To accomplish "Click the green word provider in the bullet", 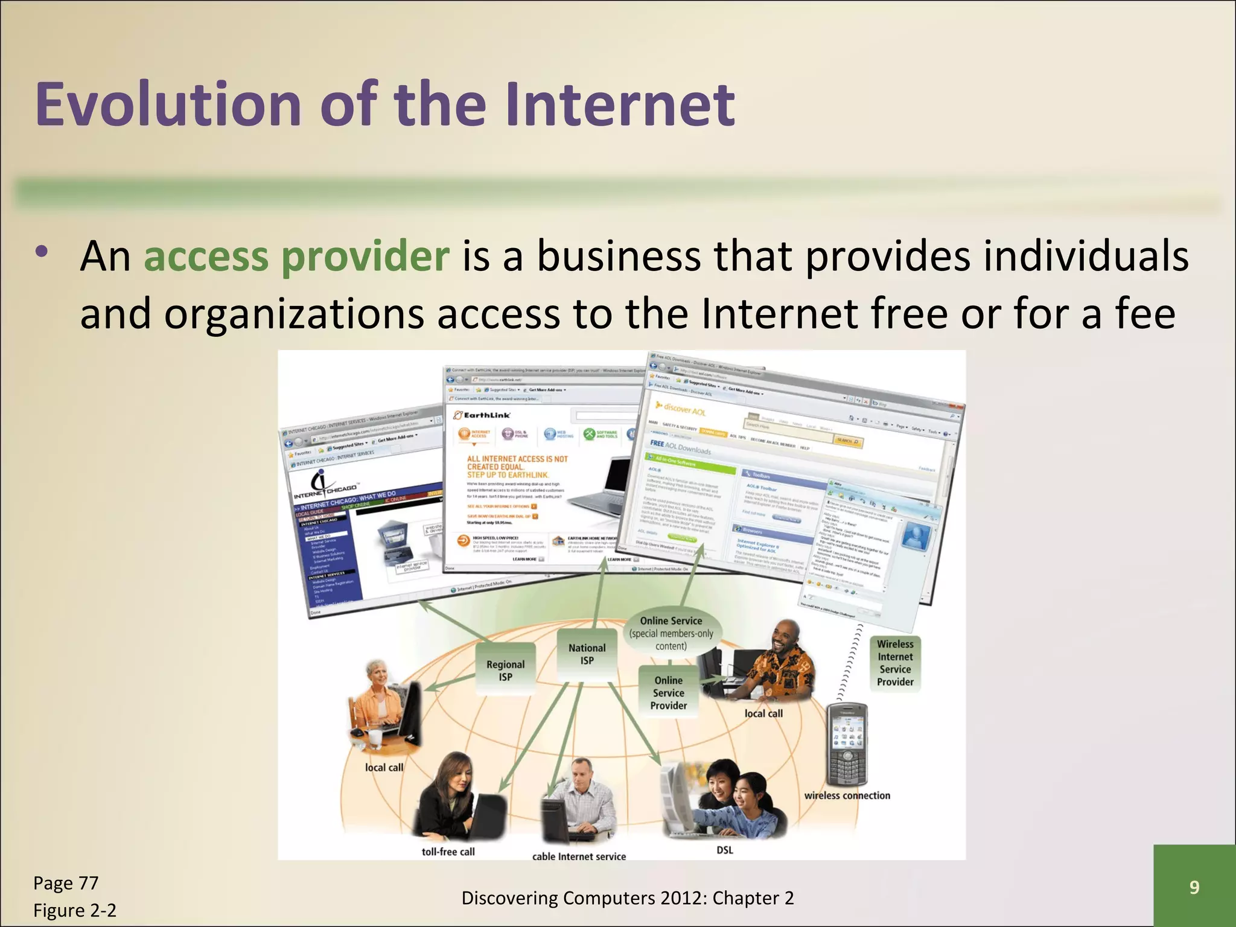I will [x=365, y=256].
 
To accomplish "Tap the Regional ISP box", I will [x=505, y=671].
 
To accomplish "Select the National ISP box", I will [x=587, y=654].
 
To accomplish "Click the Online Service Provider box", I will [x=668, y=693].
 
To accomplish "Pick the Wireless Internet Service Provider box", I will [x=895, y=663].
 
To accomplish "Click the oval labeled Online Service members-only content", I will [x=671, y=633].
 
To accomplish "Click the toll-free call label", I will [x=448, y=852].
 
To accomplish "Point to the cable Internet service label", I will [x=579, y=856].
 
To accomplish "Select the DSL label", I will [x=725, y=850].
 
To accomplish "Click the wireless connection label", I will [x=847, y=795].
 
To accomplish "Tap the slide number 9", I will [x=1194, y=887].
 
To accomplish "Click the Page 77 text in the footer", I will [x=66, y=883].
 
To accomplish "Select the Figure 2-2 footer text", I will [x=75, y=910].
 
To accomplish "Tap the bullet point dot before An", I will [x=41, y=252].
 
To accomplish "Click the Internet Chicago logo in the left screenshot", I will [x=325, y=486].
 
